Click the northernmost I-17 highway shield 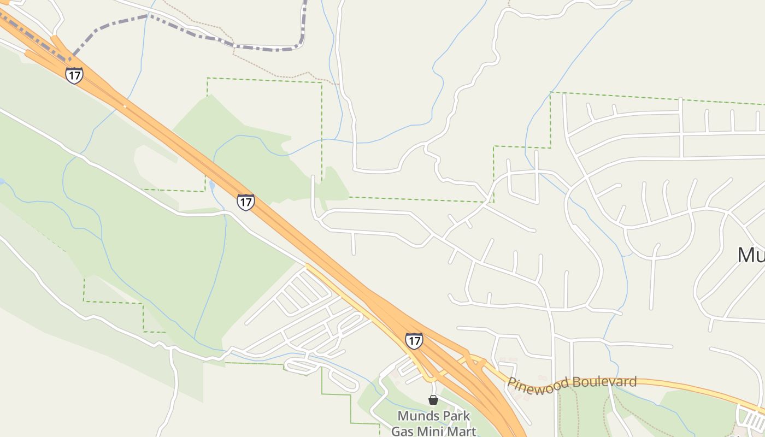point(74,75)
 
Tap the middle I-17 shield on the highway point(246,202)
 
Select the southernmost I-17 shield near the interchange point(414,341)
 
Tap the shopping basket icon point(433,400)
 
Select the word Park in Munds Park point(456,416)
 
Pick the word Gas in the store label point(402,430)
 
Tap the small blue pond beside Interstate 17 point(211,186)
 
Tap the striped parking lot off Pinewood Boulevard point(752,418)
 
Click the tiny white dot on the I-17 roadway point(125,107)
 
